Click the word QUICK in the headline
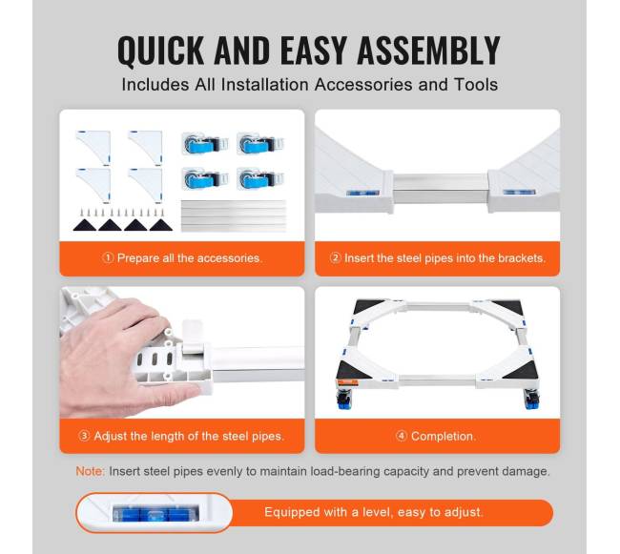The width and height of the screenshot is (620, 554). point(160,51)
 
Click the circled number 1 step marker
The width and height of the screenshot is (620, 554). point(108,258)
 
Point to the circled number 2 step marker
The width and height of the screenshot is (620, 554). point(335,258)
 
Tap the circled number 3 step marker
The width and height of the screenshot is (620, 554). point(84,436)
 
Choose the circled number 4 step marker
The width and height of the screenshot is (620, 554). point(401,436)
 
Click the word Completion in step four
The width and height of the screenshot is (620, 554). point(442,437)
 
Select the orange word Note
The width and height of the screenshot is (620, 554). point(90,471)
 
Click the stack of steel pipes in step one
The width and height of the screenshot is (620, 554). point(234,215)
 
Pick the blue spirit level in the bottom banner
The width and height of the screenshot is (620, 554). point(155,513)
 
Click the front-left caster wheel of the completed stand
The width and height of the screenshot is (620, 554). point(343,400)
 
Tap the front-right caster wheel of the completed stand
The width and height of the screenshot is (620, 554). point(531,400)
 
